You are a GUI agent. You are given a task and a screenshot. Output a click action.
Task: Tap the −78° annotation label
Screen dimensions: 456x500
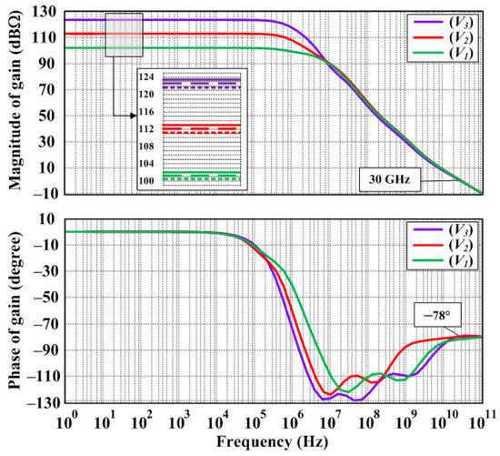pos(435,314)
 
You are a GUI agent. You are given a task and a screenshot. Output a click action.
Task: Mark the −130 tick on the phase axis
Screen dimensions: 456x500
pos(42,401)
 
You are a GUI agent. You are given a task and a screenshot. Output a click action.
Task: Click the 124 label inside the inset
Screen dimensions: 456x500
pos(148,76)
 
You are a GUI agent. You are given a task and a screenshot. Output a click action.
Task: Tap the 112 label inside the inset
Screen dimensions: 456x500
pos(148,127)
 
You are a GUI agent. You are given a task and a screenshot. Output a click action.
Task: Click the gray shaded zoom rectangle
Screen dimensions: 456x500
pos(124,35)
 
